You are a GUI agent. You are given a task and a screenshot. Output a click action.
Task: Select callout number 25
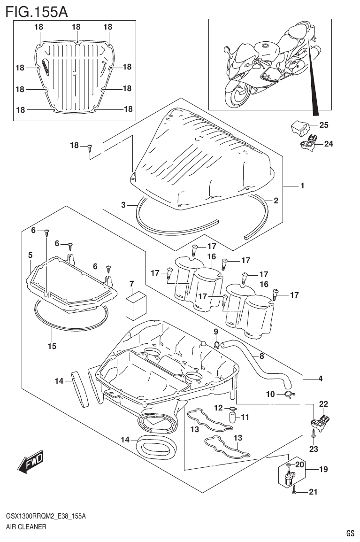[x=324, y=125]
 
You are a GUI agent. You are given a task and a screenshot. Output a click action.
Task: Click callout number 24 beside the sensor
[x=328, y=144]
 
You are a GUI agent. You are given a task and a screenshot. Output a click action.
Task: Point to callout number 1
[x=302, y=186]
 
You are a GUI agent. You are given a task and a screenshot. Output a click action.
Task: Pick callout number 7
[x=132, y=283]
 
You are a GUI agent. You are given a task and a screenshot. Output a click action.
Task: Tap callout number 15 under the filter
[x=52, y=346]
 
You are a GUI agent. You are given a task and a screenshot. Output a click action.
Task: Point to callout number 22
[x=323, y=403]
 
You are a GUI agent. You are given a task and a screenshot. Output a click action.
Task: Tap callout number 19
[x=323, y=469]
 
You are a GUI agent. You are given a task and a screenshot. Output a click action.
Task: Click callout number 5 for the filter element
[x=30, y=255]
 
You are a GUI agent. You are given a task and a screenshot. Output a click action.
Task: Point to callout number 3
[x=123, y=205]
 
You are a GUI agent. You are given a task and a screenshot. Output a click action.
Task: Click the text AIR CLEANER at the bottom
[x=26, y=527]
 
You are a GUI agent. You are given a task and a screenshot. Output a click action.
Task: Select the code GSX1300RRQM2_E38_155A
[x=46, y=516]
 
